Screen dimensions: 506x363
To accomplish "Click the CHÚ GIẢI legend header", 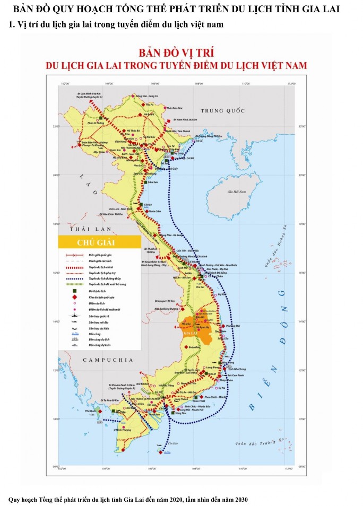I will (x=96, y=243).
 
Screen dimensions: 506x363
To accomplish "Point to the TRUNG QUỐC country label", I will (x=222, y=110).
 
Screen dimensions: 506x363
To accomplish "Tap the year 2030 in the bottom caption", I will (x=239, y=500).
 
